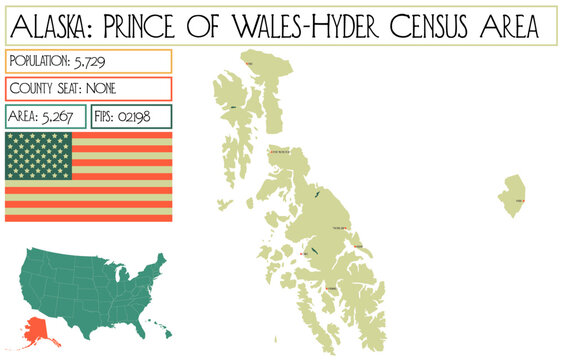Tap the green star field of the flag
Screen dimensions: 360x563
(39, 156)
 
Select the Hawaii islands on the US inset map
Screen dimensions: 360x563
(161, 332)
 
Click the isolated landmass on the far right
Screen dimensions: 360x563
(512, 195)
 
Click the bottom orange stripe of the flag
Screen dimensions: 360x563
(88, 217)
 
